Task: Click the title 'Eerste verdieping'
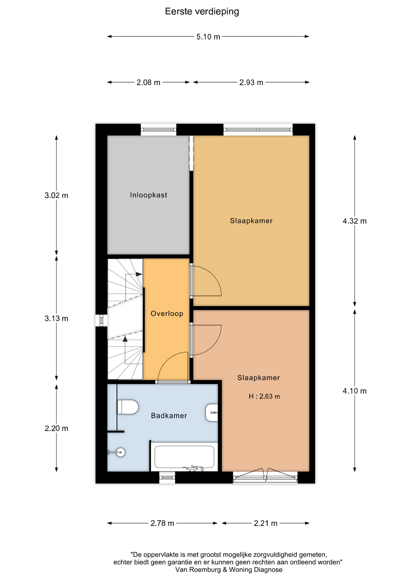pyautogui.click(x=202, y=11)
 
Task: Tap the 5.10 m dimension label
pyautogui.click(x=208, y=37)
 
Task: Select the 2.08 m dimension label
pyautogui.click(x=148, y=83)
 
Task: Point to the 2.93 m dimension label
pyautogui.click(x=251, y=83)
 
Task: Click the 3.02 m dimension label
pyautogui.click(x=56, y=195)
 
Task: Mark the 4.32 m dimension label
pyautogui.click(x=354, y=221)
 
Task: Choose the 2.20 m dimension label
pyautogui.click(x=56, y=428)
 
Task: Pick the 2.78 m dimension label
pyautogui.click(x=162, y=524)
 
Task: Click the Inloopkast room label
pyautogui.click(x=149, y=195)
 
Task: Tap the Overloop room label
pyautogui.click(x=167, y=313)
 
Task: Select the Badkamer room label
pyautogui.click(x=169, y=416)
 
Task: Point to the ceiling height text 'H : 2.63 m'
pyautogui.click(x=264, y=396)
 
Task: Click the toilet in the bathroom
pyautogui.click(x=128, y=407)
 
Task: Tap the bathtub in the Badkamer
pyautogui.click(x=184, y=457)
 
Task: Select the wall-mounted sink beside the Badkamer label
pyautogui.click(x=212, y=413)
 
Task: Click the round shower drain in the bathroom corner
pyautogui.click(x=121, y=452)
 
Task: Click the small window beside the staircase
pyautogui.click(x=101, y=320)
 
